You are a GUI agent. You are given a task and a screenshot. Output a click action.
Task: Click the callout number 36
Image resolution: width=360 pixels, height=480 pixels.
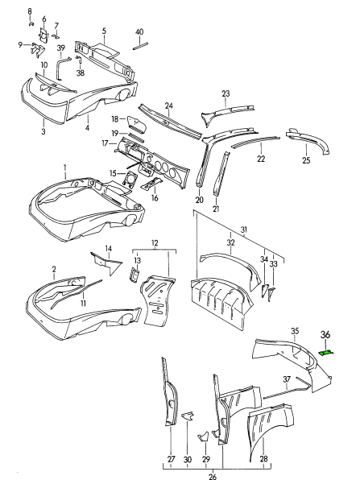coord(325,336)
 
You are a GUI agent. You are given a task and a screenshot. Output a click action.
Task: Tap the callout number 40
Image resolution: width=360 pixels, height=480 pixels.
coord(139,31)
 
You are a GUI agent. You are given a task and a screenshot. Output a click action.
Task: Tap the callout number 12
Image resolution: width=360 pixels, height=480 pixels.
coord(155,243)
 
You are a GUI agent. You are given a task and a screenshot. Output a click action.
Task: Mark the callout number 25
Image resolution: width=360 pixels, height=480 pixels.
coord(306,161)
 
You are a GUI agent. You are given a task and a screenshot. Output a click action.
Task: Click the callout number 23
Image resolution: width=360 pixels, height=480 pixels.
coord(226,93)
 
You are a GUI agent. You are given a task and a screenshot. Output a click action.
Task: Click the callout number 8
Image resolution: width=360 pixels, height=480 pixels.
coord(30,10)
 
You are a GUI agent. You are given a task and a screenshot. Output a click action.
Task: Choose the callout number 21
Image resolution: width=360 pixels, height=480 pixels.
coord(216,209)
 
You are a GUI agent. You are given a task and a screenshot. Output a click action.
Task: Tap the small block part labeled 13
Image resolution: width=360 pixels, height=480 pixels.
coord(135,275)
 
